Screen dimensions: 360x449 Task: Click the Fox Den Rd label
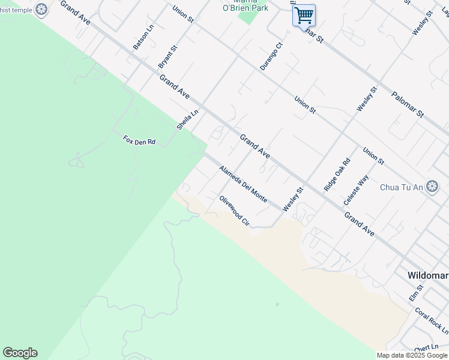139,140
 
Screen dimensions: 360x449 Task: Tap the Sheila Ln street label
187,120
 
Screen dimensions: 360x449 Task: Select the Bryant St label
167,56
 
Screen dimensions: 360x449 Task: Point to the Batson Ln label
143,37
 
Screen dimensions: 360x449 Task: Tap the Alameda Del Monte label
243,184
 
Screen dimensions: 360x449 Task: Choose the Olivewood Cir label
234,211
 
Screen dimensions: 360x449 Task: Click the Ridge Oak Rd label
337,175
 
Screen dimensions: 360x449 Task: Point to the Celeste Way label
356,190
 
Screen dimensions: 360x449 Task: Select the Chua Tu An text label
402,187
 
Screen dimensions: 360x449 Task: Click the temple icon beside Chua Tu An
432,187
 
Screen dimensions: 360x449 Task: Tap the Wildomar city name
427,275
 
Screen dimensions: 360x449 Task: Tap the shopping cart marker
304,14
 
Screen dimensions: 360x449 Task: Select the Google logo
20,353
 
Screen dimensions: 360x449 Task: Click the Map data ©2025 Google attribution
412,355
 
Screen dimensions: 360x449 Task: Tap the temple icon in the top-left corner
41,9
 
